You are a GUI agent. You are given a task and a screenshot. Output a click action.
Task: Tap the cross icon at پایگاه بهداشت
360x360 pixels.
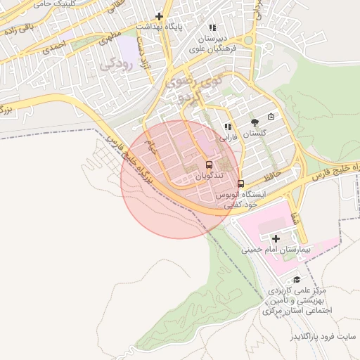(160, 15)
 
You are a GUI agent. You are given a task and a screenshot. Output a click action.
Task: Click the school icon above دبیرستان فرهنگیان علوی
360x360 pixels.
(213, 27)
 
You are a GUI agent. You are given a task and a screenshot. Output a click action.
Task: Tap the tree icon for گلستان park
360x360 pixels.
(254, 122)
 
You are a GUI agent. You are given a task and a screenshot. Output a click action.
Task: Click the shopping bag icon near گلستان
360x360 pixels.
(271, 117)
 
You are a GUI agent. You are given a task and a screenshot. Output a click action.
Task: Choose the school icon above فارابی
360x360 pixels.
(227, 127)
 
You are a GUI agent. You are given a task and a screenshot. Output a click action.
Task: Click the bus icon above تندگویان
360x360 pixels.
(209, 165)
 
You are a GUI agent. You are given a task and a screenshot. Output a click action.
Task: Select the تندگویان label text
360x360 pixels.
(209, 174)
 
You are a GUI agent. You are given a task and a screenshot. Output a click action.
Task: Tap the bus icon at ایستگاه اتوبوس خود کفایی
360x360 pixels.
(241, 184)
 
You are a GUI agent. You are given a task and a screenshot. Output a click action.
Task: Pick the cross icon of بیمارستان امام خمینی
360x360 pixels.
(275, 239)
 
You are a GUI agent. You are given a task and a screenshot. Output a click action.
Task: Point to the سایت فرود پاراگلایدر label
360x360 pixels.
(324, 337)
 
